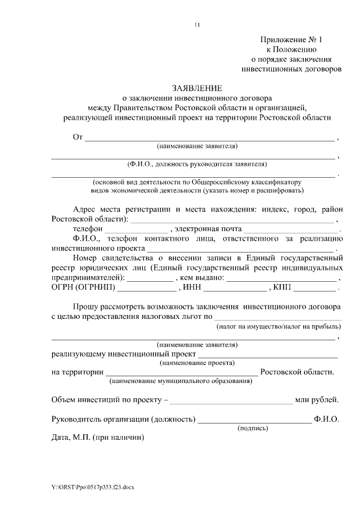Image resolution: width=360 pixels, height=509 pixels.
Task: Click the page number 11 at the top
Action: click(197, 25)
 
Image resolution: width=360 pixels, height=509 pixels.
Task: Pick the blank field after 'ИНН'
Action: click(235, 289)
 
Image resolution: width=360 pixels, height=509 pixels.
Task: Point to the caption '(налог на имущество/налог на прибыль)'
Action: click(278, 327)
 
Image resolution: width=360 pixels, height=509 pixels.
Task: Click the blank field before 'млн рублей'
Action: click(231, 402)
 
